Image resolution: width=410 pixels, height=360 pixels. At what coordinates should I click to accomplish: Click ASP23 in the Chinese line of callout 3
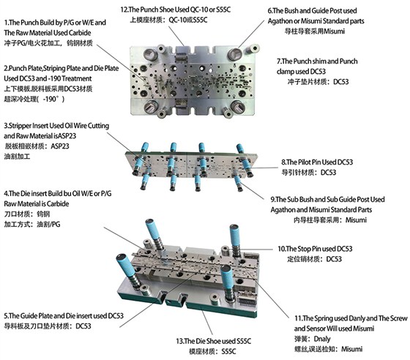coord(60,146)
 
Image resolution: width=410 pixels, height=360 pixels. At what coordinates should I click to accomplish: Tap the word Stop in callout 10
coord(305,249)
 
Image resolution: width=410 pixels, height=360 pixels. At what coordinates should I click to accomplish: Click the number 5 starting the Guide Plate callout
coord(6,316)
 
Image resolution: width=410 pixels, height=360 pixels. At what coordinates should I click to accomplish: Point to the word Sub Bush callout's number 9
coord(272,200)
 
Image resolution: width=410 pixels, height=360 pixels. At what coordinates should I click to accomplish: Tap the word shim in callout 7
coord(319,61)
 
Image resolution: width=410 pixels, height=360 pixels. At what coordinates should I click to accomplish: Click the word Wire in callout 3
coord(80,126)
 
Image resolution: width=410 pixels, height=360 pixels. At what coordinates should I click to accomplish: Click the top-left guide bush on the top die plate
coord(150,55)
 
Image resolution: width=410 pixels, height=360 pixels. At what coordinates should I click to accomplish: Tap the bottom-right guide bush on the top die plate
coord(238,106)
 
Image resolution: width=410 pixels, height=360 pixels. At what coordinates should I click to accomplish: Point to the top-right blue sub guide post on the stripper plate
coord(240,148)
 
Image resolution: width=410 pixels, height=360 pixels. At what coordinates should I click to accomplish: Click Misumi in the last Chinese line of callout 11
coord(352,349)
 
